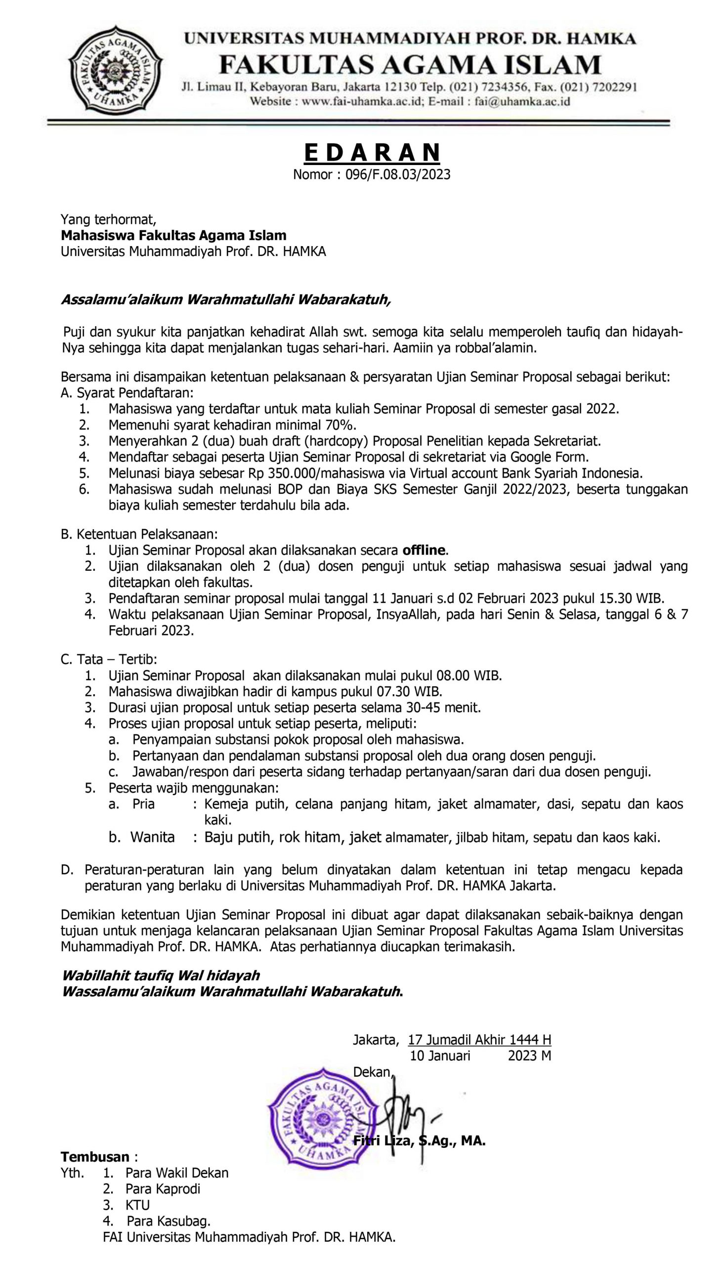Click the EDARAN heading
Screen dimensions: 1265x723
click(x=372, y=152)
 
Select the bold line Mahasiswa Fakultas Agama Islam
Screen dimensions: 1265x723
click(x=173, y=235)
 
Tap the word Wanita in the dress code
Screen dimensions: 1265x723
click(x=152, y=838)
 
